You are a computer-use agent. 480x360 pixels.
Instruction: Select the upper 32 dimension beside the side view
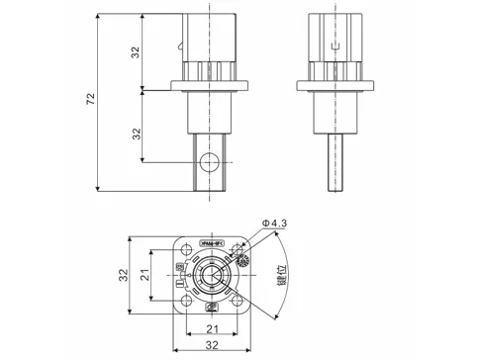point(136,53)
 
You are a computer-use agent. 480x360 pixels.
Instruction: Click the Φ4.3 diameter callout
point(274,224)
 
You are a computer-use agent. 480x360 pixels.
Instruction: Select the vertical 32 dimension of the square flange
point(125,276)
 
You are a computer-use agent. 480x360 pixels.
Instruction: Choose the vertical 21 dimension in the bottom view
point(144,276)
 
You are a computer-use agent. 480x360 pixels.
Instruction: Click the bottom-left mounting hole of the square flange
point(183,302)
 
